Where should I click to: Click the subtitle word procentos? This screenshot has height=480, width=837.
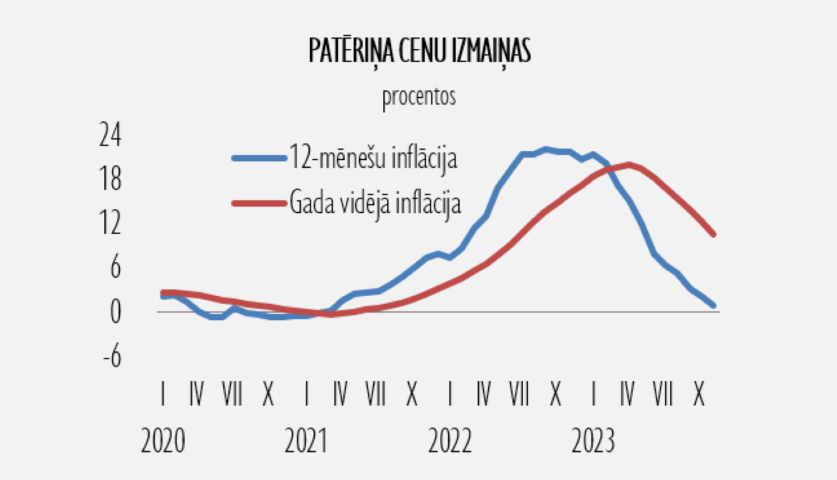coord(419,97)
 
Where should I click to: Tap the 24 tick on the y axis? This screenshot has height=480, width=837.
coord(110,135)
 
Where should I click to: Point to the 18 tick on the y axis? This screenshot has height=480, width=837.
coord(110,179)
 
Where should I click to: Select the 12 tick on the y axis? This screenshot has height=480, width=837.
coord(110,223)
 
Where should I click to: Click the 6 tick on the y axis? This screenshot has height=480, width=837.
coord(115,267)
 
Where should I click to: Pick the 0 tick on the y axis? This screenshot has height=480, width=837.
coord(115,311)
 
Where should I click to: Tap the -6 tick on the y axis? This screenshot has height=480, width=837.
coord(112,356)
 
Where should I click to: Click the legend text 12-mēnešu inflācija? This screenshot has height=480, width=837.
coord(373,158)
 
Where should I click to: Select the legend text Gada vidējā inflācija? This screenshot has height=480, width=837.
coord(375,203)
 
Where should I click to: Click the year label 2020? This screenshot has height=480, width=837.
coord(163,441)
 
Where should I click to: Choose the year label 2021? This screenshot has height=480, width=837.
coord(306,441)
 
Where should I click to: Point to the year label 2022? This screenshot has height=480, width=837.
coord(450,441)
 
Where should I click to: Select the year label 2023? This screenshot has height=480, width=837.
coord(593,441)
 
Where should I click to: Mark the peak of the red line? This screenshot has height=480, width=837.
coord(629,165)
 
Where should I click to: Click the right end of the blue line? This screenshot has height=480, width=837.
coord(713,305)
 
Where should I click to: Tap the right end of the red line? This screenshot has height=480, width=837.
coord(713,234)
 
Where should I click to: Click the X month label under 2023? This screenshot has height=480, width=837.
coord(699,395)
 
